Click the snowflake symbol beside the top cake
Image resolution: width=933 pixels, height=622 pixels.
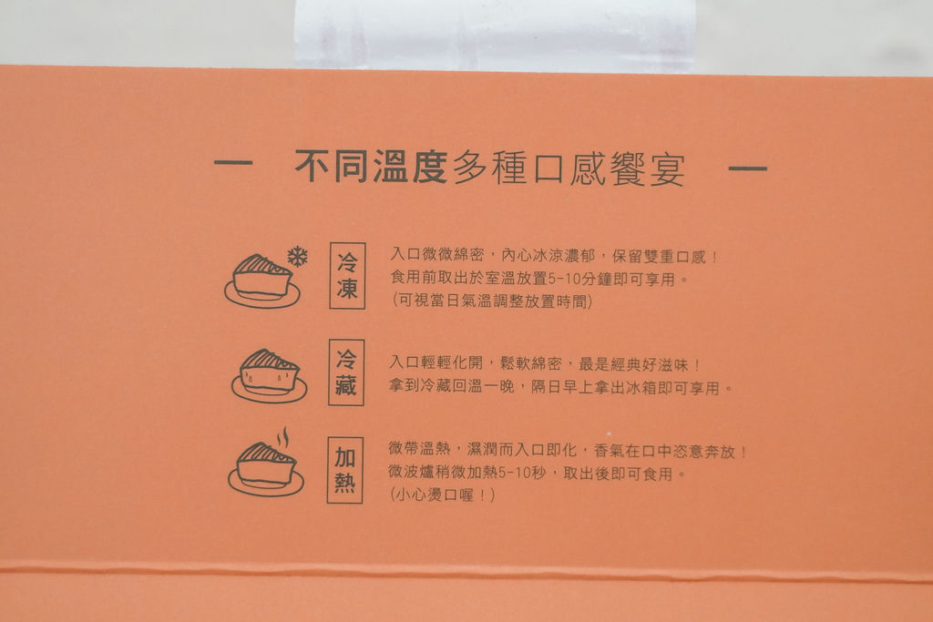pyautogui.click(x=298, y=257)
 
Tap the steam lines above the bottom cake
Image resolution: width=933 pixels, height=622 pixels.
pyautogui.click(x=284, y=438)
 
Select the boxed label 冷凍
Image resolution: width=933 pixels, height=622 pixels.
pyautogui.click(x=347, y=275)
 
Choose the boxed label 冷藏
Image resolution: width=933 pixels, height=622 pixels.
pyautogui.click(x=346, y=372)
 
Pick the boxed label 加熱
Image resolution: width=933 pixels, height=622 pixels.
pyautogui.click(x=345, y=470)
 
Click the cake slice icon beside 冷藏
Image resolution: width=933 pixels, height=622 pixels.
pyautogui.click(x=270, y=375)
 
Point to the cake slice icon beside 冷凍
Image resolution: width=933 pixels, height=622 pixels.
pyautogui.click(x=262, y=280)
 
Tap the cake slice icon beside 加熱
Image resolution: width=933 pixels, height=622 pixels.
pyautogui.click(x=266, y=469)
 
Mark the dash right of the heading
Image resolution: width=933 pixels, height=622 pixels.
pyautogui.click(x=747, y=168)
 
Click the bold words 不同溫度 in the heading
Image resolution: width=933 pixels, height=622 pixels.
pyautogui.click(x=371, y=166)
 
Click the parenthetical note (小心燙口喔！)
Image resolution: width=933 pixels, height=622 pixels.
pyautogui.click(x=443, y=495)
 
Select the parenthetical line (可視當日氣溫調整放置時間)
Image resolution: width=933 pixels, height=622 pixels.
pyautogui.click(x=492, y=301)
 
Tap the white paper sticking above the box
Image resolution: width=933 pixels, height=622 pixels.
pyautogui.click(x=495, y=36)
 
